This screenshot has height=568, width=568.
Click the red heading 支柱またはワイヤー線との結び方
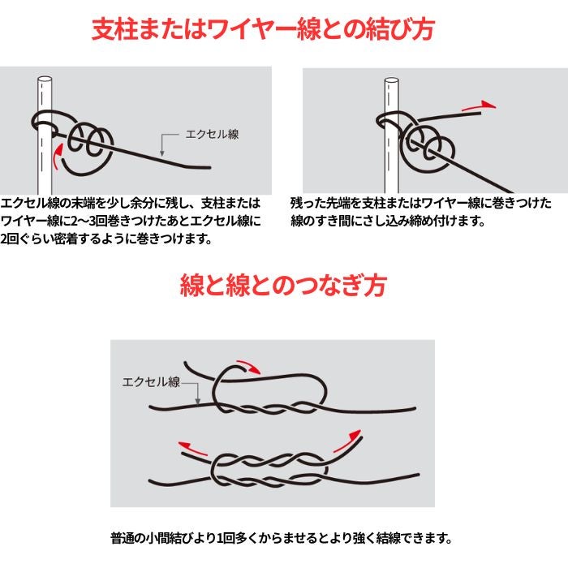click(x=263, y=29)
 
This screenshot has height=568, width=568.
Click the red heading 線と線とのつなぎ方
click(x=283, y=286)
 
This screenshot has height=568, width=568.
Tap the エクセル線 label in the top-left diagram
click(x=213, y=135)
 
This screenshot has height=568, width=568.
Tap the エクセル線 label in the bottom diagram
click(x=151, y=382)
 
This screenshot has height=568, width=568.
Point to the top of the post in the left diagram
click(x=45, y=80)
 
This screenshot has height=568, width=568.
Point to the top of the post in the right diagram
click(x=392, y=81)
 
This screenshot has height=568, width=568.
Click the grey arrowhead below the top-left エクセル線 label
click(x=162, y=153)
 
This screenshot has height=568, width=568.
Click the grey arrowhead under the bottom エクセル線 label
click(x=198, y=401)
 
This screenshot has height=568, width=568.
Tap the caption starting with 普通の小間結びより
click(x=282, y=538)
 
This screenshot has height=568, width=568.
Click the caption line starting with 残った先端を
click(x=421, y=203)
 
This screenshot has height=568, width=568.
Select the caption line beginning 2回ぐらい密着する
click(x=106, y=239)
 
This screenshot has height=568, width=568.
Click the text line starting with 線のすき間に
click(x=388, y=221)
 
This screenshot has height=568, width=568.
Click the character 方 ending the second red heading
click(x=375, y=286)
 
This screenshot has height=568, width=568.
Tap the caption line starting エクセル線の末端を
click(x=131, y=203)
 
